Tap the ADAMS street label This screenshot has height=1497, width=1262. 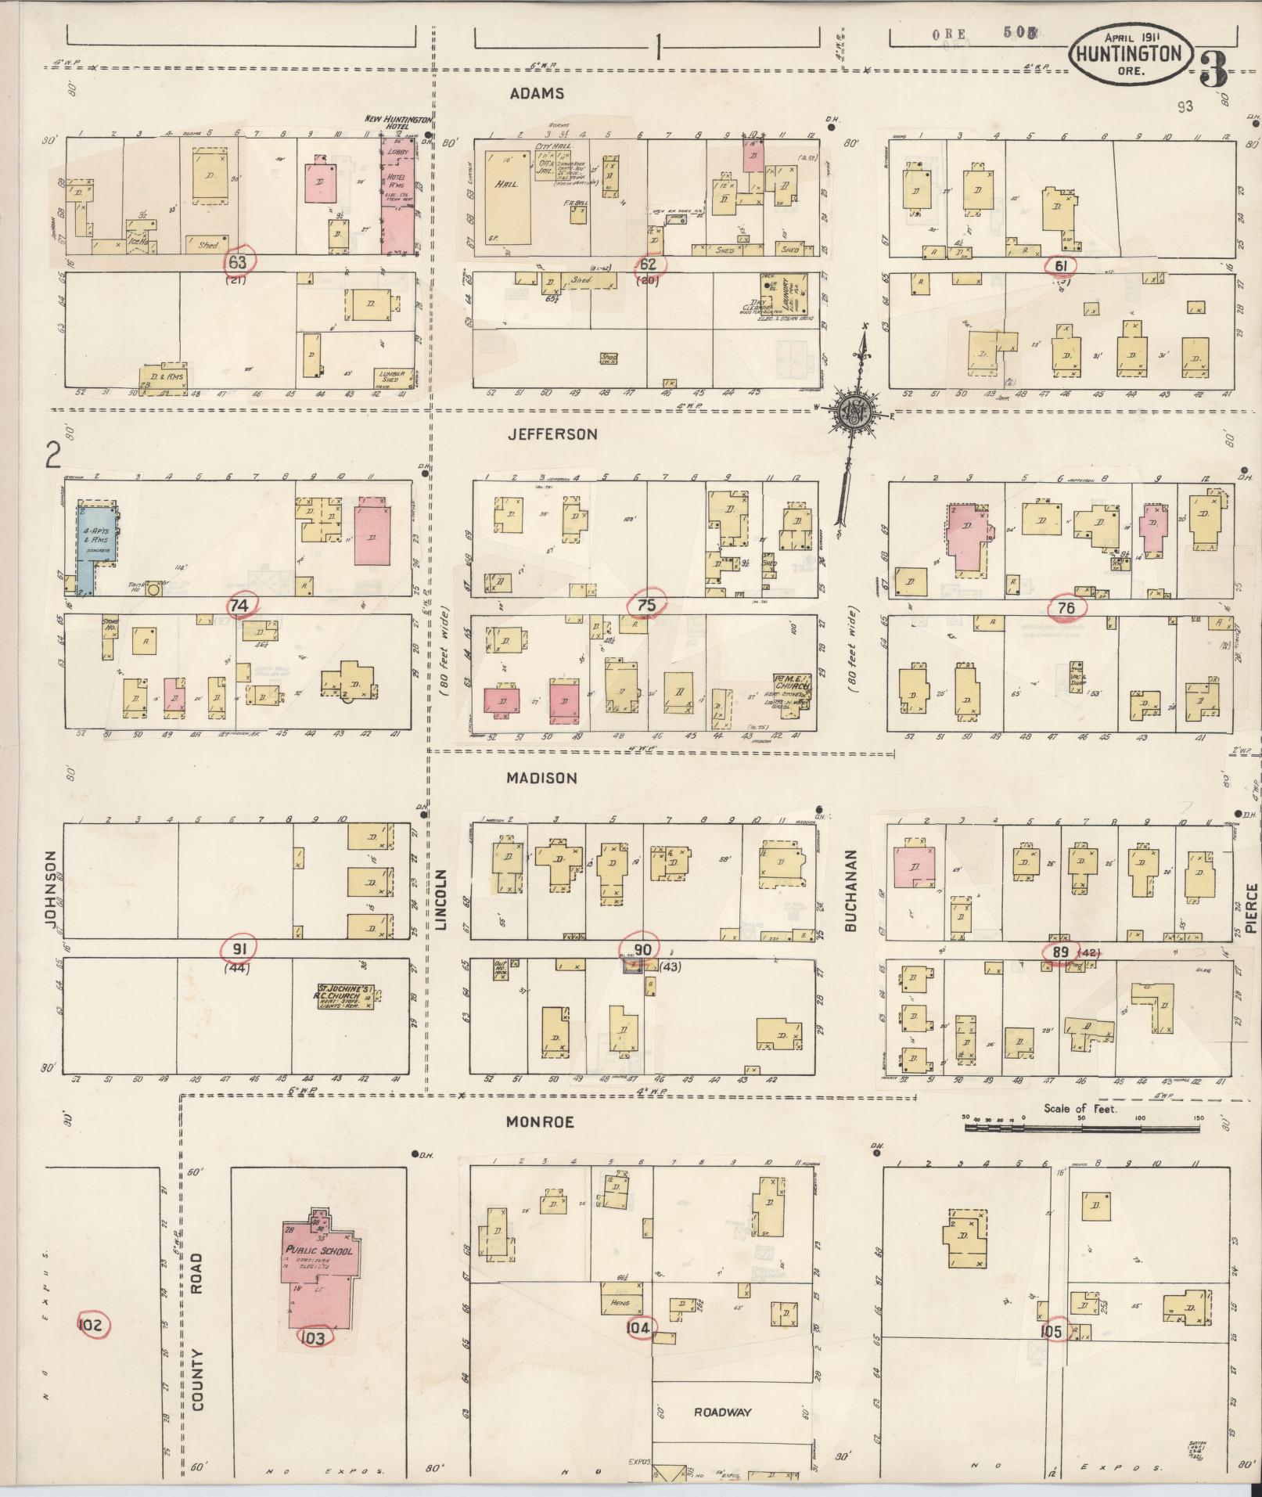click(537, 94)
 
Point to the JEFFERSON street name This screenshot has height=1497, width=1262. click(552, 434)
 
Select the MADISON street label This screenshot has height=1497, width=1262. click(541, 778)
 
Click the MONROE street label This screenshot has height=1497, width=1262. click(540, 1122)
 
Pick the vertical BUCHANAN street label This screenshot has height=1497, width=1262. click(853, 891)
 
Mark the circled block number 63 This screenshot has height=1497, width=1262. click(237, 262)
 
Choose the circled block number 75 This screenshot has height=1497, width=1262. click(645, 604)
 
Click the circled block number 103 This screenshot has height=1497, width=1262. click(312, 1337)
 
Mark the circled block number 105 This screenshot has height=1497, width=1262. click(1052, 1331)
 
